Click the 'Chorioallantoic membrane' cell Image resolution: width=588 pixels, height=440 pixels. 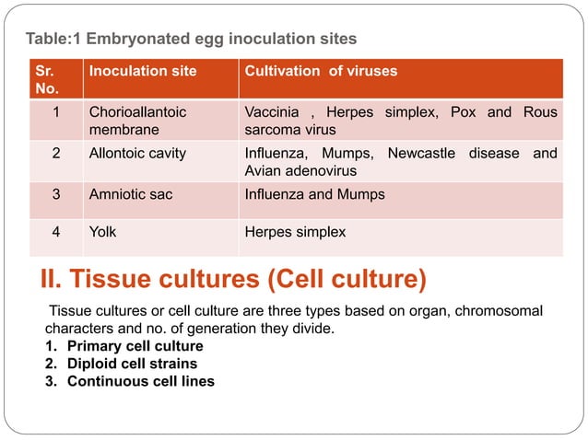(137, 121)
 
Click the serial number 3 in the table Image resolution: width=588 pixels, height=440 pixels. (56, 194)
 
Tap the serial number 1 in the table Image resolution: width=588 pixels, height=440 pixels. (56, 112)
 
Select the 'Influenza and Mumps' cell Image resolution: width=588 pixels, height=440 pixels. (314, 194)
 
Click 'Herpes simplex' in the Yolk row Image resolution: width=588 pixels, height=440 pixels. (295, 232)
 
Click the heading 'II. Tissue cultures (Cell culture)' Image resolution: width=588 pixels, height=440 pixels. (234, 277)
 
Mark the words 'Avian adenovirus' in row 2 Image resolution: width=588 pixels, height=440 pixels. (300, 170)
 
